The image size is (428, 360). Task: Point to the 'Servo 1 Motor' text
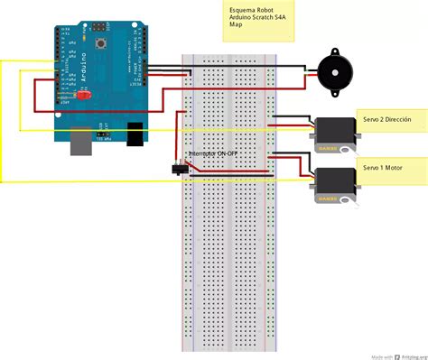383,168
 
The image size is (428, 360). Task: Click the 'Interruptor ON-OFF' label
213,154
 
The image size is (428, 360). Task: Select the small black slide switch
179,168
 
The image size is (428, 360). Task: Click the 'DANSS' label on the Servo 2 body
326,148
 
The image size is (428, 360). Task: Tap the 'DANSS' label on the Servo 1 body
326,198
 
